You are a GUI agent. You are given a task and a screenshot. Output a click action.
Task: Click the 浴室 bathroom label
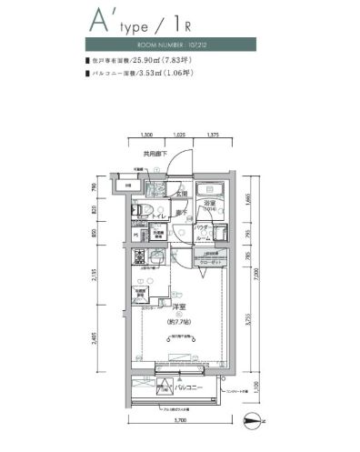209,202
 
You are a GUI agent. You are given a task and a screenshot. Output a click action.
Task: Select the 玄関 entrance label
182,194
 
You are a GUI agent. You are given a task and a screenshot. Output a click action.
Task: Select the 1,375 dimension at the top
213,136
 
